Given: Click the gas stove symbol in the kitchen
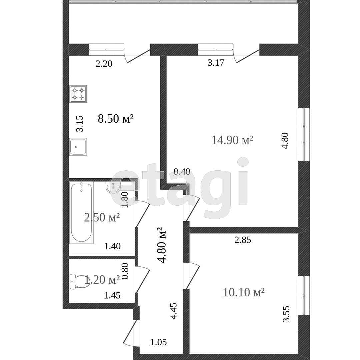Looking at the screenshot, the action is point(78,94).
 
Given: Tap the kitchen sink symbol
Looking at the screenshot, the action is point(78,147).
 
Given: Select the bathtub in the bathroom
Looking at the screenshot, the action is point(82,213).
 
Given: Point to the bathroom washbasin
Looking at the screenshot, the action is point(113,187).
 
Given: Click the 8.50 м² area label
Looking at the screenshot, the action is point(116,119).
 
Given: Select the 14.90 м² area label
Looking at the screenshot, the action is point(232,140).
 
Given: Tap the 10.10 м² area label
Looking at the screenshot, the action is point(244,293).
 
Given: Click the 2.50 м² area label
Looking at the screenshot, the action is point(102,217).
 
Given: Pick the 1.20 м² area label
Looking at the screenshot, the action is point(102,280).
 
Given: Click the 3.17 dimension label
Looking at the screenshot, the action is point(216,63).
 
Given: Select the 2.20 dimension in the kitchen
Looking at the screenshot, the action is point(104,64).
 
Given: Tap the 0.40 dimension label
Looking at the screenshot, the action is point(182,172).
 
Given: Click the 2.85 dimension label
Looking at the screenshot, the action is point(243,240).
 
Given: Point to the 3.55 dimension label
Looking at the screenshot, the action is point(286,314).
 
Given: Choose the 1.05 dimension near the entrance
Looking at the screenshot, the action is point(158,342).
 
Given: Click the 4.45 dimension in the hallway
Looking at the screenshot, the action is point(174,311).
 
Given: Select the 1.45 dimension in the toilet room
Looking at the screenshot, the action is point(112,295).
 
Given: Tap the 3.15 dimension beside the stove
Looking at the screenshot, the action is point(80,124).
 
